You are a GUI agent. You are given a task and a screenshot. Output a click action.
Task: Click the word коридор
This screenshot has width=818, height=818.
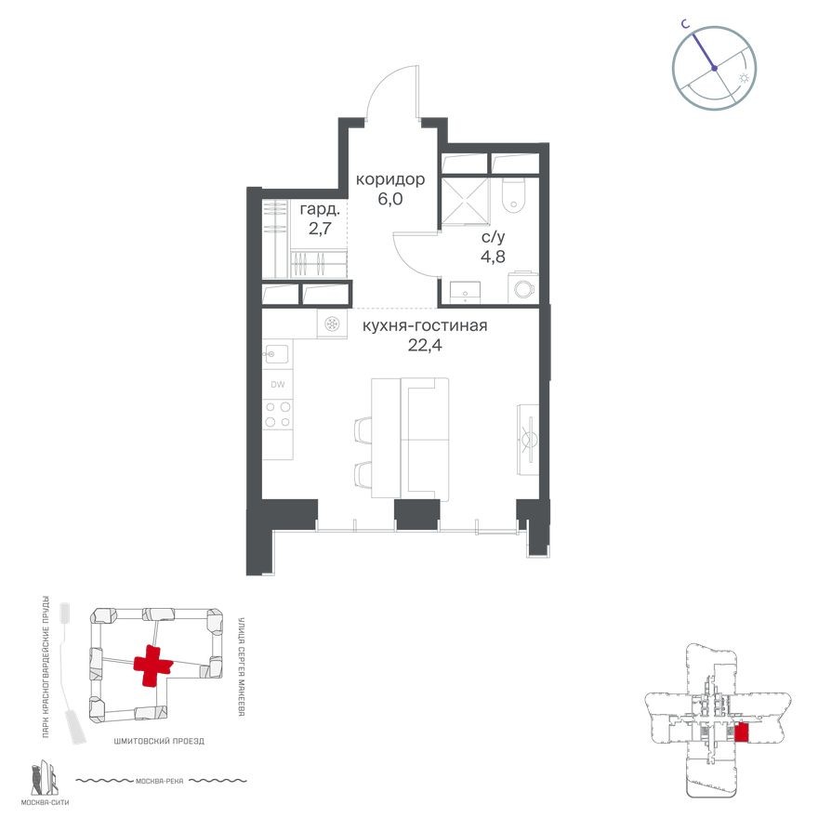(391, 179)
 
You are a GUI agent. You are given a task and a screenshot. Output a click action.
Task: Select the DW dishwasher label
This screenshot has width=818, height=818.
(277, 384)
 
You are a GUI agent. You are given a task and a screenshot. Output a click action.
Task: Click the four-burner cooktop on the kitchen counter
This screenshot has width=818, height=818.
(277, 415)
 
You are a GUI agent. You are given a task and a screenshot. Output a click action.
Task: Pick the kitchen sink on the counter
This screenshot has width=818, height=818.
(276, 353)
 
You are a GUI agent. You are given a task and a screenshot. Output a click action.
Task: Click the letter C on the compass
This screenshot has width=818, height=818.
(684, 27)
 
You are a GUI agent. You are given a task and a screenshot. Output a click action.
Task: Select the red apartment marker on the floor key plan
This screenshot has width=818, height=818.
(741, 733)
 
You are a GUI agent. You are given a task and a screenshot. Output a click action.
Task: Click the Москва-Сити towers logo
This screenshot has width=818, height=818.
(43, 779)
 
